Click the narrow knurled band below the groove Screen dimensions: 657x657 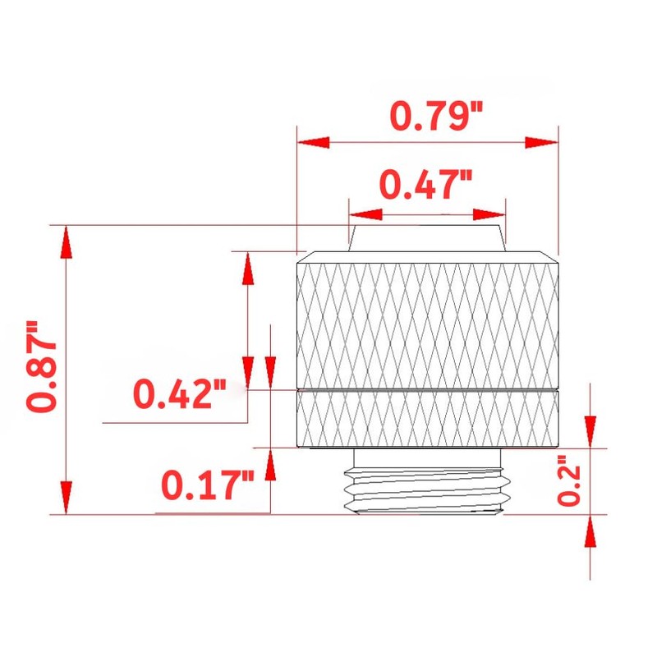(429, 418)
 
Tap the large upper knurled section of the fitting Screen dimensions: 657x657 (429, 320)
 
